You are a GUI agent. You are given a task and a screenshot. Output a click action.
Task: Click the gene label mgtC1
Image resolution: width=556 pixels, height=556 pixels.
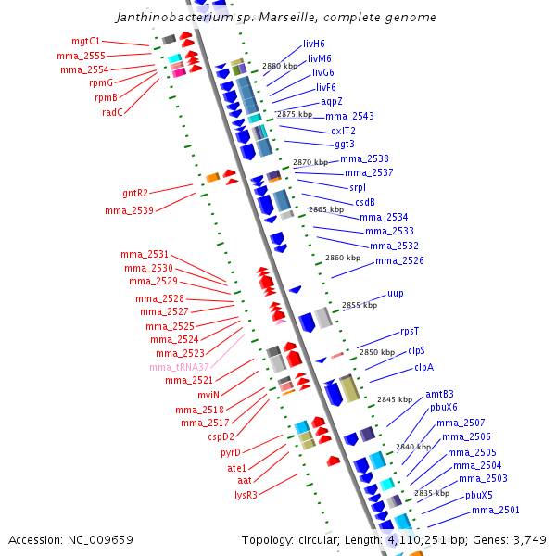[86, 42]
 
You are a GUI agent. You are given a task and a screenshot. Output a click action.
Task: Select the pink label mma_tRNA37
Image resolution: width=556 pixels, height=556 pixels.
[180, 367]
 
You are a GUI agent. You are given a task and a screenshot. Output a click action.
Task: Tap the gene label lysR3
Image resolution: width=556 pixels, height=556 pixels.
[246, 494]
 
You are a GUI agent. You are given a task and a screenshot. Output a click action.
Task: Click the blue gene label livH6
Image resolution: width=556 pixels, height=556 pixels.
[314, 44]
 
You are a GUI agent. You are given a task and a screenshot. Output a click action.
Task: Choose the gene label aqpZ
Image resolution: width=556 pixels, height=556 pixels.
[332, 101]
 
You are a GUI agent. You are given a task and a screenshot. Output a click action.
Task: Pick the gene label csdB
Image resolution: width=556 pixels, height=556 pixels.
[365, 202]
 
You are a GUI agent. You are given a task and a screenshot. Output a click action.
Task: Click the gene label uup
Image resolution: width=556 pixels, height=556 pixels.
[396, 293]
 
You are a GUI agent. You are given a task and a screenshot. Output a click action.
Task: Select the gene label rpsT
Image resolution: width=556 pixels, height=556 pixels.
[410, 331]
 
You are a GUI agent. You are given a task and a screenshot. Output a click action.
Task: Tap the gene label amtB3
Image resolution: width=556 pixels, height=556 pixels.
[439, 394]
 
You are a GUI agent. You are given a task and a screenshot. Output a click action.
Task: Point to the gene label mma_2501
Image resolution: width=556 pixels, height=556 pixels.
[496, 510]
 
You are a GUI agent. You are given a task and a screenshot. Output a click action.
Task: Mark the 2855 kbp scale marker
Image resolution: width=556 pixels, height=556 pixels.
[360, 305]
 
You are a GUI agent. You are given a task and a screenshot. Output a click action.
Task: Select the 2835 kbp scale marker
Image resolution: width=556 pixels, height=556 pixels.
[432, 493]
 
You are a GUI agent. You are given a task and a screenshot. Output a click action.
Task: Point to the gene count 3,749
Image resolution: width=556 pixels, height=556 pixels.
[528, 539]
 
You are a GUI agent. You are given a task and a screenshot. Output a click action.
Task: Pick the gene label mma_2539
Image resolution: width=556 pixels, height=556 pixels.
[130, 211]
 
